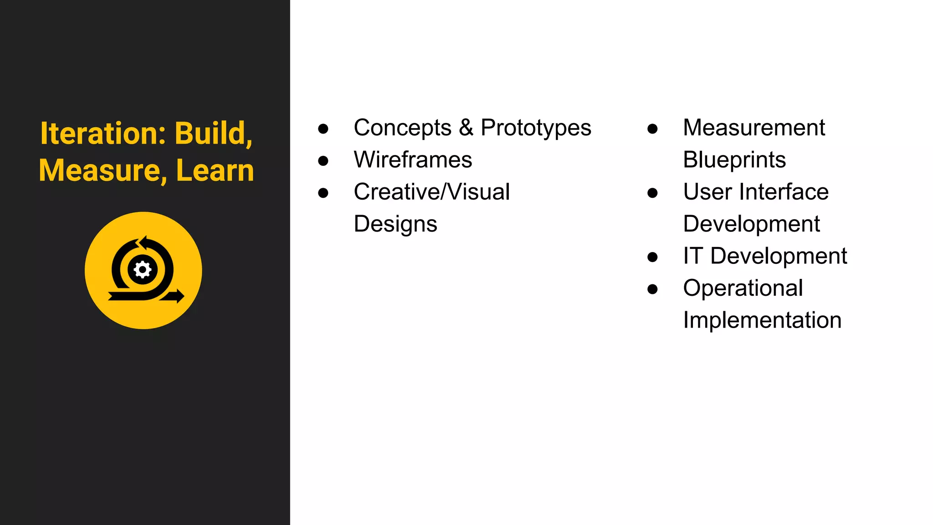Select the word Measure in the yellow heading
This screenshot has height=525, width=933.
(100, 170)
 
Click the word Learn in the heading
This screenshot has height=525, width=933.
(215, 170)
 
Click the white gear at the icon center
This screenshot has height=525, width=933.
(143, 270)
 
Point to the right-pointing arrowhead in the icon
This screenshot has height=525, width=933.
(179, 296)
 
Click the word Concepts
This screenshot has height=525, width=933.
(402, 128)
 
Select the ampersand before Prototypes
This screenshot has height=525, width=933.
(466, 128)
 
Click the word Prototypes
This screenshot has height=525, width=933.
(536, 128)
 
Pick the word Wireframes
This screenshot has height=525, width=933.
(413, 160)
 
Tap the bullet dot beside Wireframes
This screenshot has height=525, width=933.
(323, 160)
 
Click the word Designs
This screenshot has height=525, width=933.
(395, 224)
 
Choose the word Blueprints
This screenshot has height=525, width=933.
(734, 160)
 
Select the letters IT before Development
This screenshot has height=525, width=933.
(692, 256)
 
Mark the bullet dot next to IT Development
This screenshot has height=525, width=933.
(652, 257)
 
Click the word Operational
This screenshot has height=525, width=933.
(743, 288)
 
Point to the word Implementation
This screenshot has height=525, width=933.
(762, 320)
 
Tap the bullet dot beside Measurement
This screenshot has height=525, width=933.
(652, 129)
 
